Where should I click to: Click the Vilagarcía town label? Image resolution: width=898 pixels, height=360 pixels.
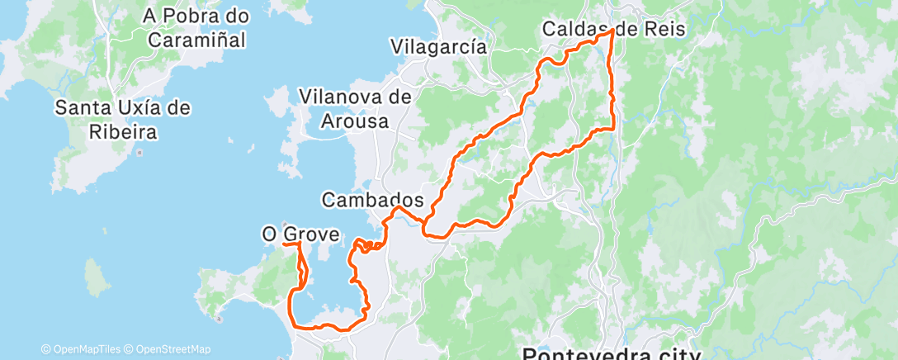coord(439,46)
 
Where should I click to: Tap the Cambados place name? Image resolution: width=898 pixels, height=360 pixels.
coord(372,200)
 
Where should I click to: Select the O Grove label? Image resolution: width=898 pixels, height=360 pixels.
coord(300,235)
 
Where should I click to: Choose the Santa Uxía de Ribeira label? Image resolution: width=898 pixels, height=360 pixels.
coord(123,119)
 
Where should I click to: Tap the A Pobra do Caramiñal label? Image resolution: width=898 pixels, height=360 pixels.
coord(196,27)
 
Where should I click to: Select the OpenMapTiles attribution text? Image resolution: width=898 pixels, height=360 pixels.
coord(83,349)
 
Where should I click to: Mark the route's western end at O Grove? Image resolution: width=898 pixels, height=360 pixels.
coord(284,244)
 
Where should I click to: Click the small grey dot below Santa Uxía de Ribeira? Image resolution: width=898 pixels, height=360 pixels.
coord(139,152)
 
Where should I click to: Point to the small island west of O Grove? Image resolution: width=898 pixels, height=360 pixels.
coord(97,277)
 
